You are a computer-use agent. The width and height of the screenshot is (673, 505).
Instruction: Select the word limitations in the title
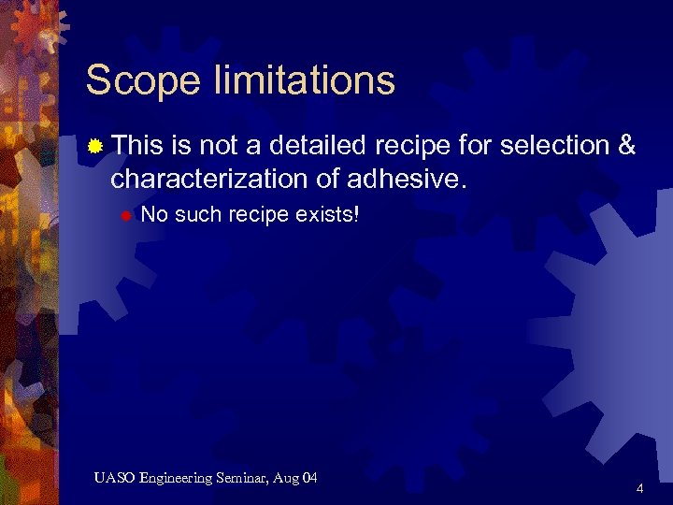coord(305,80)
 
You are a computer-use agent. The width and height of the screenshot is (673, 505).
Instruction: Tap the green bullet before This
coord(96,146)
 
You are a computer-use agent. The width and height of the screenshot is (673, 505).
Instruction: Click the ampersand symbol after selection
coord(626,146)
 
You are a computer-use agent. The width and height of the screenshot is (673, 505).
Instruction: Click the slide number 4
coord(639,488)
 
